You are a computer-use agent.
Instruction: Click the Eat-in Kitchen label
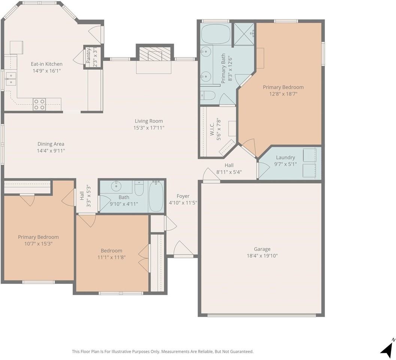[x=46, y=64]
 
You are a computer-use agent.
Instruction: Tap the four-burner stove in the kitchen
[x=39, y=104]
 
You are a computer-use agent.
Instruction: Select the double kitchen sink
[x=10, y=79]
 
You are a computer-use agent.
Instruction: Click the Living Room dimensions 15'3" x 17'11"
[x=149, y=128]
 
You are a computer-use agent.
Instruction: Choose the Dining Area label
[x=51, y=144]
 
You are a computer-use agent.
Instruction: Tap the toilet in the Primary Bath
[x=208, y=95]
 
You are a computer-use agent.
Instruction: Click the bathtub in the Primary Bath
[x=216, y=34]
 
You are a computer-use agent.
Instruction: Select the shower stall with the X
[x=244, y=34]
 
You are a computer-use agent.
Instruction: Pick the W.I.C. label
[x=212, y=129]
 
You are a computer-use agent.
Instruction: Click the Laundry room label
[x=285, y=157]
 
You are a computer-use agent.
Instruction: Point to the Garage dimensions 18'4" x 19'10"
[x=262, y=256]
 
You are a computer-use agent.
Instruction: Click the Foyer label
[x=183, y=196]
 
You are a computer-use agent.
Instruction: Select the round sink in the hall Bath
[x=116, y=187]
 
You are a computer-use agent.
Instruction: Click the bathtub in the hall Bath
[x=156, y=196]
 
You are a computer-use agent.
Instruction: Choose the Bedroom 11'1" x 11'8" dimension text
[x=112, y=257]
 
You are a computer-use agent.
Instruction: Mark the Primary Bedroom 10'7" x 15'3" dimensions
[x=38, y=244]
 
